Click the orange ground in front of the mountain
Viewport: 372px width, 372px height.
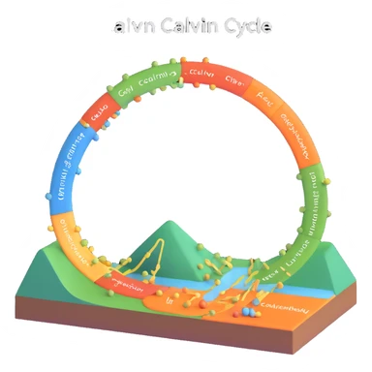click(145, 295)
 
